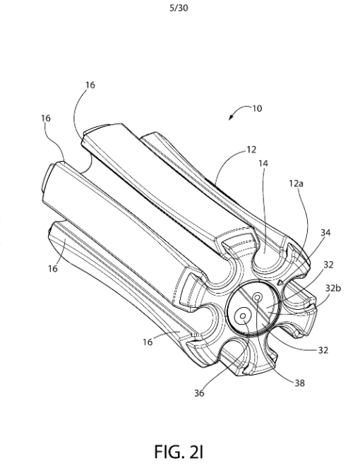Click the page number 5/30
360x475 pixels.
[x=179, y=8]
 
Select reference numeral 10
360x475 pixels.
[x=257, y=109]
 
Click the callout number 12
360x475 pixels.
[x=251, y=150]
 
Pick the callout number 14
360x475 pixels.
[x=263, y=164]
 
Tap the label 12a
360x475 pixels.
[x=296, y=184]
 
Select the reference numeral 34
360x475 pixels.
[x=325, y=233]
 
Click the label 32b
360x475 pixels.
[x=333, y=288]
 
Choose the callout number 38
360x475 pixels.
[x=299, y=383]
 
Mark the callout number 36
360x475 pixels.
[x=199, y=393]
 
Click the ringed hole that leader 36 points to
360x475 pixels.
[x=243, y=316]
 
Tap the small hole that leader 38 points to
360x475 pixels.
[x=258, y=297]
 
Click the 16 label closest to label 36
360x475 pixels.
[x=148, y=342]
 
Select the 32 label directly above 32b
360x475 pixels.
[x=328, y=265]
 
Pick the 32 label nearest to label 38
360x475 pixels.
[x=323, y=350]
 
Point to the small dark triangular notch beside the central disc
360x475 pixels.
[x=280, y=282]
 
